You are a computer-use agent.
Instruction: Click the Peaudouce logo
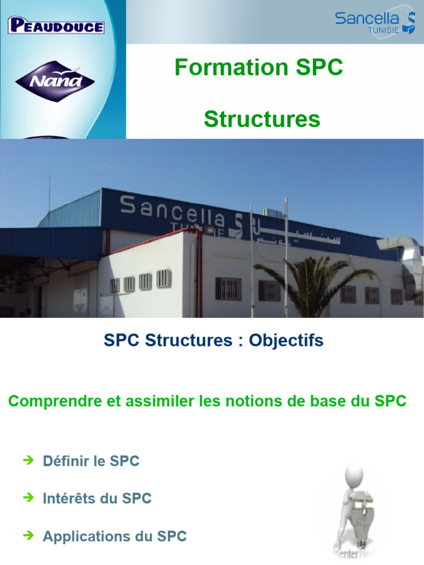coord(56,26)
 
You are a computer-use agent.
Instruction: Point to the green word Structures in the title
coord(262,119)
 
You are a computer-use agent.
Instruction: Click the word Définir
coord(65,461)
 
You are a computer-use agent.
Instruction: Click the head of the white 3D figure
coord(353,474)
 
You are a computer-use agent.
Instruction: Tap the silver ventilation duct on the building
coord(400,254)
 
